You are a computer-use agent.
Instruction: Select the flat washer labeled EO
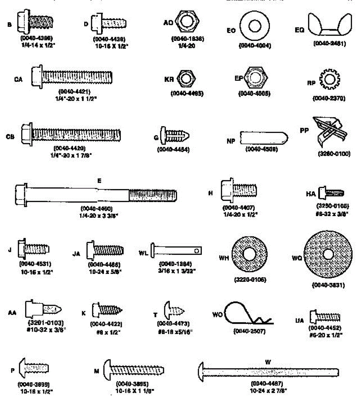[x=255, y=26]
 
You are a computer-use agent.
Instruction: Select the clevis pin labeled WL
[x=176, y=250]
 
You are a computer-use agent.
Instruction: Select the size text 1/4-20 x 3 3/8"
[x=99, y=216]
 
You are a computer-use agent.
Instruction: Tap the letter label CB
[x=10, y=137]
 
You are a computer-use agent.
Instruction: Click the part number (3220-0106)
[x=250, y=279]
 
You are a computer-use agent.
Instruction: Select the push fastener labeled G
[x=175, y=136]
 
